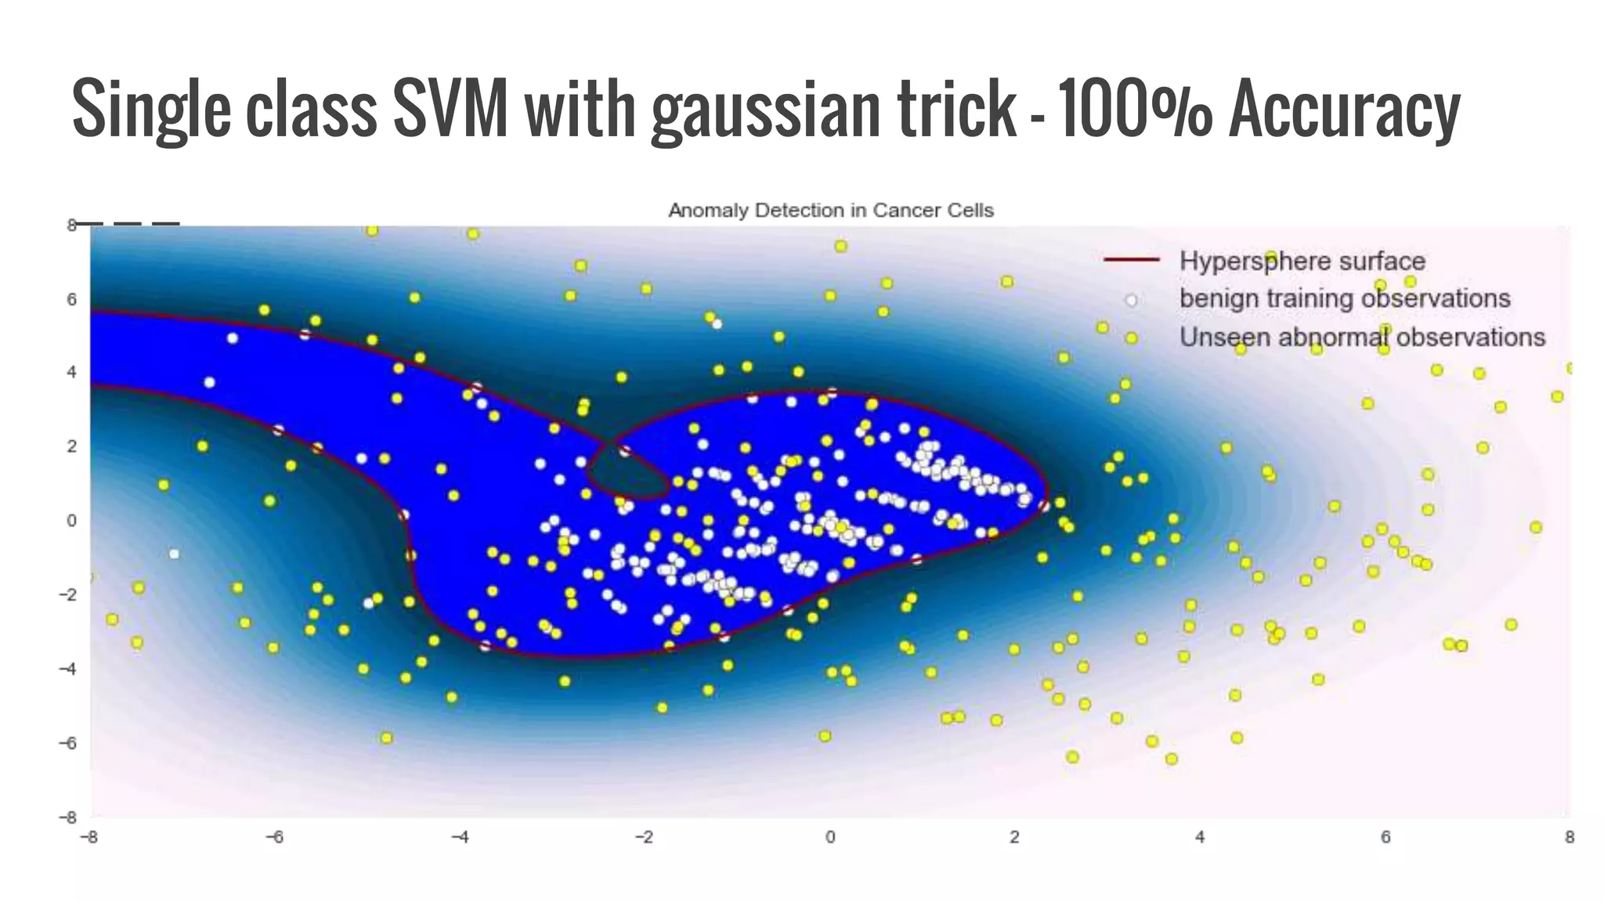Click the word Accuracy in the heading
pos(1344,110)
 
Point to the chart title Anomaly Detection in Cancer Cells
pos(830,211)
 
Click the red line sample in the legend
pos(1131,261)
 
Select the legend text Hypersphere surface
pos(1302,261)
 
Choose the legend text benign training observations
pos(1345,298)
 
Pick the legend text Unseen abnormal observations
pos(1362,337)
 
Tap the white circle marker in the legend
pos(1131,300)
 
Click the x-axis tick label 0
pos(830,837)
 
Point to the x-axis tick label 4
pos(1200,837)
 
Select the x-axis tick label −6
pos(273,837)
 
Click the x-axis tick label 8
pos(1569,837)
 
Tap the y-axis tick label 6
pos(72,299)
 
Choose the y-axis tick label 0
pos(72,521)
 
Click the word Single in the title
pos(151,110)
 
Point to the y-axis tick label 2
pos(72,446)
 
